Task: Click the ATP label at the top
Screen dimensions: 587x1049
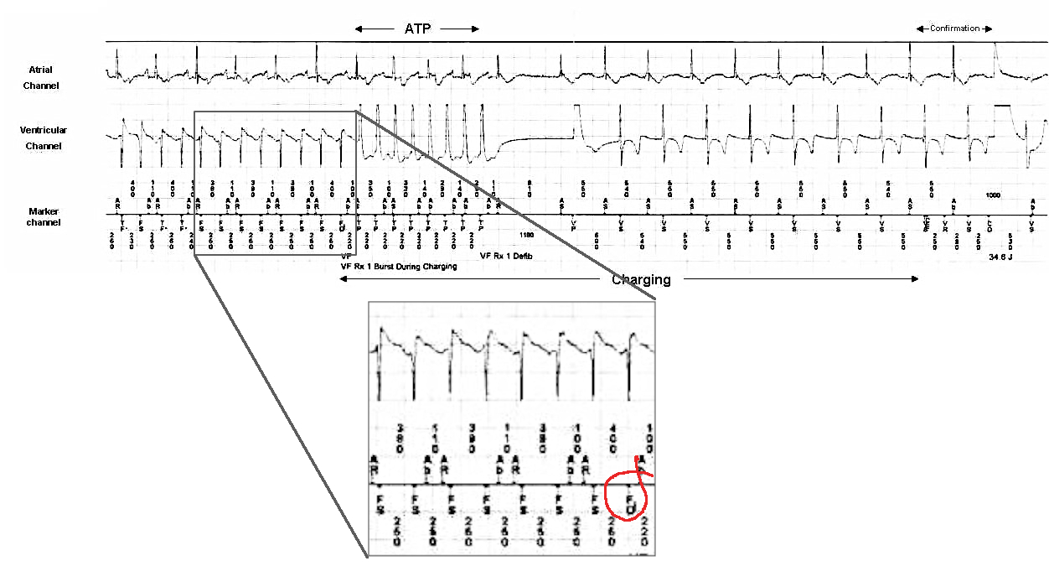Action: [416, 29]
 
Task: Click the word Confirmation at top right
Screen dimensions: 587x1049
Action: [954, 29]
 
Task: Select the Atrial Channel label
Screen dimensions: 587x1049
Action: [41, 77]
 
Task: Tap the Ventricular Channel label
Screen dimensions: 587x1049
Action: [43, 138]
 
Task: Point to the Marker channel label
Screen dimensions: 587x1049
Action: [44, 216]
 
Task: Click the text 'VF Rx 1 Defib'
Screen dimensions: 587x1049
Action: [506, 256]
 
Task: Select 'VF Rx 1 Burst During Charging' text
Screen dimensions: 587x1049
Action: [398, 267]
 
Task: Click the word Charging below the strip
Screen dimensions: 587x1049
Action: [641, 280]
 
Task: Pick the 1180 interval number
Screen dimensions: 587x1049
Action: [526, 236]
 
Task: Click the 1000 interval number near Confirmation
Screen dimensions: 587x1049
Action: [994, 195]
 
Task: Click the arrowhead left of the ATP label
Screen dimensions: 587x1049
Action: [358, 29]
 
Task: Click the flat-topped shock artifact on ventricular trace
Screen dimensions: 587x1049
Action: [1003, 106]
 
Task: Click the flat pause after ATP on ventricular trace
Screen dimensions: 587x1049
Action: [536, 138]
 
